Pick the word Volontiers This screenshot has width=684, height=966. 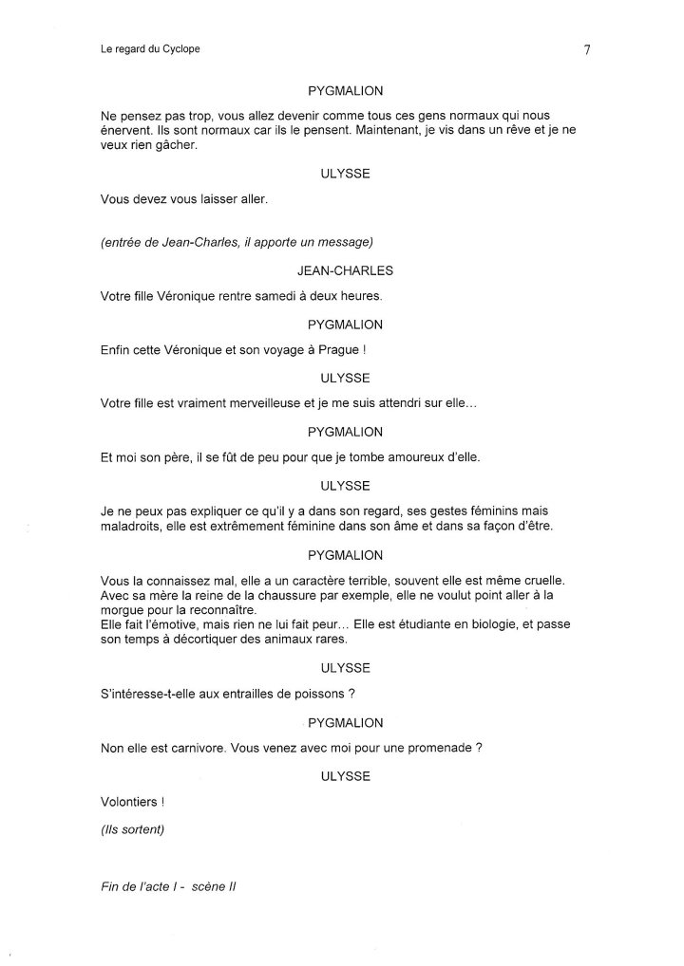tap(130, 802)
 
